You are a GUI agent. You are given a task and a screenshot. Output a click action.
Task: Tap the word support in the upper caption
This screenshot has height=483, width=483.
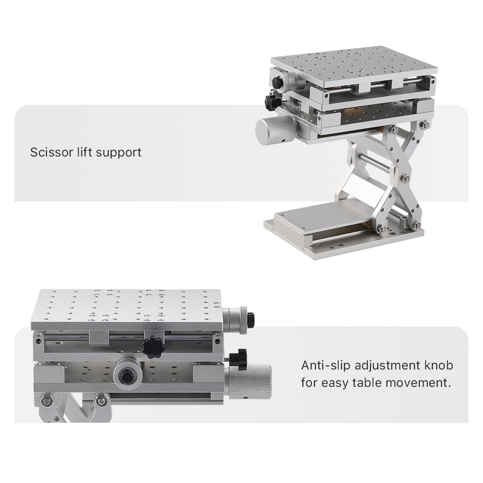[x=118, y=153]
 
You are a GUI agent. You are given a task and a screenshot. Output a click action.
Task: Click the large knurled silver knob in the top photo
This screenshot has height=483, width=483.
[x=274, y=129]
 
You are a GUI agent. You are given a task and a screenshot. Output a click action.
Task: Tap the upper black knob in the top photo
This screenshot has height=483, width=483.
[x=278, y=83]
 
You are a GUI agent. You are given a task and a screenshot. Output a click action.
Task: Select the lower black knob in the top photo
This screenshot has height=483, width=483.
[x=271, y=101]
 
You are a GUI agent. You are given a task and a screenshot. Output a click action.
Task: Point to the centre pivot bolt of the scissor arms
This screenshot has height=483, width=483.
[x=405, y=178]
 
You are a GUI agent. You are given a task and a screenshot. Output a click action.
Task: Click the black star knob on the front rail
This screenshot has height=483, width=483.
[x=154, y=347]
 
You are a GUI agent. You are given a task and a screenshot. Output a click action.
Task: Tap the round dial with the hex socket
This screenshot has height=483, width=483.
[x=128, y=375]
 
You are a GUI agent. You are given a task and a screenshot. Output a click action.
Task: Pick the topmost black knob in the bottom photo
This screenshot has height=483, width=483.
[x=250, y=319]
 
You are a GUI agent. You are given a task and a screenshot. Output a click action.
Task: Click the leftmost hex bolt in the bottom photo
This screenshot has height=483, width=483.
[x=46, y=400]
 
